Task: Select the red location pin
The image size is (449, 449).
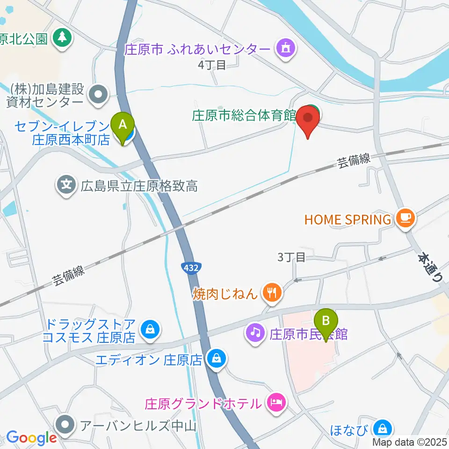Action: (x=308, y=120)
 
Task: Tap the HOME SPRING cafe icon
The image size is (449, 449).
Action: (x=405, y=218)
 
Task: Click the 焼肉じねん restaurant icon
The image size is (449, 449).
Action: (x=272, y=293)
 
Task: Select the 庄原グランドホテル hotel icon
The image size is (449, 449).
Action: (x=275, y=403)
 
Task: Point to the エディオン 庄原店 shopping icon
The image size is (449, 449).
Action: (x=217, y=360)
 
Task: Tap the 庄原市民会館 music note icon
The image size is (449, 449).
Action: (x=255, y=333)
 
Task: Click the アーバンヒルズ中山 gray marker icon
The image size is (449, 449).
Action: (x=65, y=425)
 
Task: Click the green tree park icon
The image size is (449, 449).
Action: (x=62, y=37)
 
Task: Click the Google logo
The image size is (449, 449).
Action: (x=31, y=437)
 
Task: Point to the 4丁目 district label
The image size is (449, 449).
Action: (x=212, y=65)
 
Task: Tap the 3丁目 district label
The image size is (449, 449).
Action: (x=291, y=257)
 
